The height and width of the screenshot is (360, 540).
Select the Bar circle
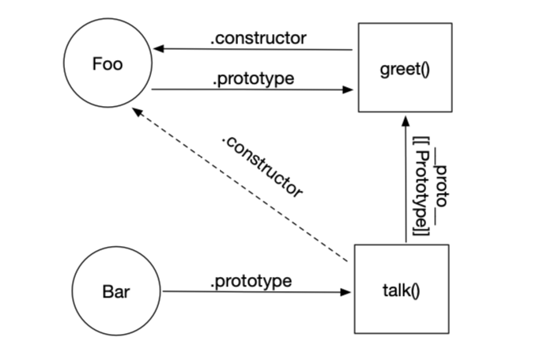[116, 290]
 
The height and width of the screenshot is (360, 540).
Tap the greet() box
[404, 68]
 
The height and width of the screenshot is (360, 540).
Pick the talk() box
[401, 289]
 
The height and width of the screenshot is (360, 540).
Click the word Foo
[107, 64]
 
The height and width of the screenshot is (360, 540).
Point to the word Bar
[116, 290]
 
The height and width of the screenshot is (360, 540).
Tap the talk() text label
[401, 290]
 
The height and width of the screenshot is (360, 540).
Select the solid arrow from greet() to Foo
[253, 49]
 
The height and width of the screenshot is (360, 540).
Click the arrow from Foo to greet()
[253, 89]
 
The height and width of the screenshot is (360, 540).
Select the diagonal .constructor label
[262, 166]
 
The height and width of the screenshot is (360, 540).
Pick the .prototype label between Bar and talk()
[251, 281]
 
